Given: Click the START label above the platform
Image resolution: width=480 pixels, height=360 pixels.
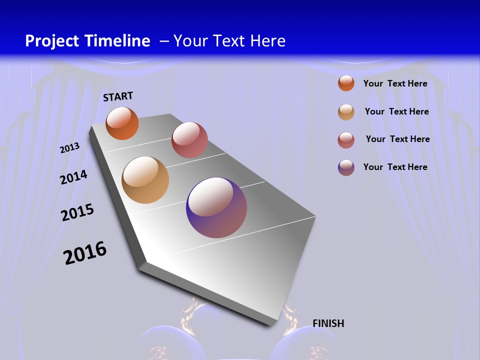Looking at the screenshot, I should [x=118, y=96].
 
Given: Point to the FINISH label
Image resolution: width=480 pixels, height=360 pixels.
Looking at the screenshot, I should [x=328, y=323].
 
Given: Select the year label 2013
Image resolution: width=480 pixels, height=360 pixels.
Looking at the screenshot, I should [x=69, y=148].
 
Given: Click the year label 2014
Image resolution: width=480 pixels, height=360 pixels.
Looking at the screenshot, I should [x=73, y=177].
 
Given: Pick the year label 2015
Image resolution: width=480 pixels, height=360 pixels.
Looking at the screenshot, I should [x=77, y=212].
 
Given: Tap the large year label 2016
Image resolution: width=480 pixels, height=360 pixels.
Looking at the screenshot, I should [x=85, y=253].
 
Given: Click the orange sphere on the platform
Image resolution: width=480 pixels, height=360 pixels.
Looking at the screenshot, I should [x=122, y=123].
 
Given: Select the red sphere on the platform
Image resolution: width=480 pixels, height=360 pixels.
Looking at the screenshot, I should [x=189, y=140].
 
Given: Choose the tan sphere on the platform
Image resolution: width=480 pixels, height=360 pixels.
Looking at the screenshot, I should [x=145, y=180].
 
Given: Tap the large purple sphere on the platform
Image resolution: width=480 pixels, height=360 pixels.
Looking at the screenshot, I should [x=216, y=207].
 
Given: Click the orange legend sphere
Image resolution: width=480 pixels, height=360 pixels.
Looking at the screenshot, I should [x=346, y=83].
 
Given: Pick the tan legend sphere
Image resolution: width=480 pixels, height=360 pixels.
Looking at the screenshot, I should [x=346, y=112].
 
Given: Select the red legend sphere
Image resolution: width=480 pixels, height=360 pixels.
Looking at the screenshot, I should [x=346, y=140].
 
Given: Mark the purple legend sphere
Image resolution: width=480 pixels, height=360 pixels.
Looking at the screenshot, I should [x=346, y=167].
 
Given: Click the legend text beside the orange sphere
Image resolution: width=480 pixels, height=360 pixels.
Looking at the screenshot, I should [x=395, y=83].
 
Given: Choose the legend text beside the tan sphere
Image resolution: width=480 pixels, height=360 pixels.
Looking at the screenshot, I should [x=396, y=111].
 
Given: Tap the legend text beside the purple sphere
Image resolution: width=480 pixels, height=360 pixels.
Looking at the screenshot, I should [x=395, y=167].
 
